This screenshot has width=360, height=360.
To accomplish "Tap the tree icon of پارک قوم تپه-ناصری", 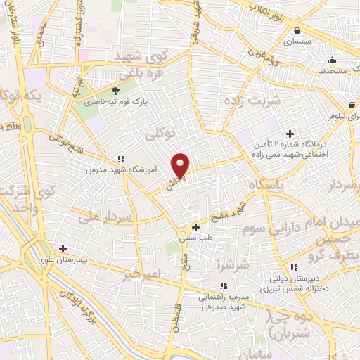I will pyautogui.click(x=117, y=90).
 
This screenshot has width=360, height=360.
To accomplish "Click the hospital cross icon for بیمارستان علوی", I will pyautogui.click(x=63, y=248).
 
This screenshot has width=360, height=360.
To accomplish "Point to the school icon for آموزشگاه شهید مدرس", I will pyautogui.click(x=122, y=159).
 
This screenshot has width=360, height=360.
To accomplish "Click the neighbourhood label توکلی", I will pyautogui.click(x=160, y=132).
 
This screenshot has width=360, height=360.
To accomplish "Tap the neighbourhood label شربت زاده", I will pyautogui.click(x=252, y=101).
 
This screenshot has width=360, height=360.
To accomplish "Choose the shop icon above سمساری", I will pyautogui.click(x=298, y=30).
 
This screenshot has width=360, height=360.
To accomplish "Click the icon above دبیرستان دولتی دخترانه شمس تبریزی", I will pyautogui.click(x=293, y=267).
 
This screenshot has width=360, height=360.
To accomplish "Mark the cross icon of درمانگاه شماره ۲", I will pyautogui.click(x=289, y=134).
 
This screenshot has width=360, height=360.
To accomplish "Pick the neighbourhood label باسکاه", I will pyautogui.click(x=269, y=185).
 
